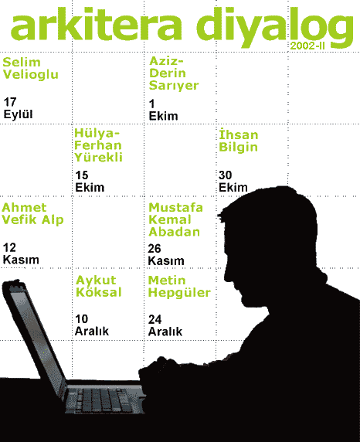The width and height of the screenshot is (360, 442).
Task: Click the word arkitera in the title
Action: tap(96, 25)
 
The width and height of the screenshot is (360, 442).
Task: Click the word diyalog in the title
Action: tap(275, 27)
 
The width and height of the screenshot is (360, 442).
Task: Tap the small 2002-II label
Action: tap(307, 46)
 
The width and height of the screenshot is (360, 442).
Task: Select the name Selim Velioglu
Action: tap(30, 69)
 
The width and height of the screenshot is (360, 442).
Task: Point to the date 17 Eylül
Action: tap(18, 108)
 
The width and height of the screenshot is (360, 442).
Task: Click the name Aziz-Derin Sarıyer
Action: tap(174, 73)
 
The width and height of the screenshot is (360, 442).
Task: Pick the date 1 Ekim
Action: tap(163, 110)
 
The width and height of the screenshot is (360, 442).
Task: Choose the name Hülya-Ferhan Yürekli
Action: tap(98, 145)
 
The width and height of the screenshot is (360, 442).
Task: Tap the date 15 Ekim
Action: tap(90, 182)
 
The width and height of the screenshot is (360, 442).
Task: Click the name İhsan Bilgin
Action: tap(239, 141)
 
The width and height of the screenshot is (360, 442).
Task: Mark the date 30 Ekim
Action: tap(233, 182)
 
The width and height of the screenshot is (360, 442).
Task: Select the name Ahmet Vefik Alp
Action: tap(32, 214)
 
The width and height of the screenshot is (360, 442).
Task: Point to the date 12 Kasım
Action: tap(21, 253)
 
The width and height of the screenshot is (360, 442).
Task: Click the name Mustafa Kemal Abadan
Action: tap(175, 219)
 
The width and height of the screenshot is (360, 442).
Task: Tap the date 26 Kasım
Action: tap(166, 254)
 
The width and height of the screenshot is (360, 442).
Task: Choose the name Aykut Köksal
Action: tap(99, 286)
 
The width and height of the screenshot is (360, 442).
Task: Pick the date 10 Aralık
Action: tap(92, 325)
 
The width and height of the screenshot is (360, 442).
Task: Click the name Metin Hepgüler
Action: tap(179, 287)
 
